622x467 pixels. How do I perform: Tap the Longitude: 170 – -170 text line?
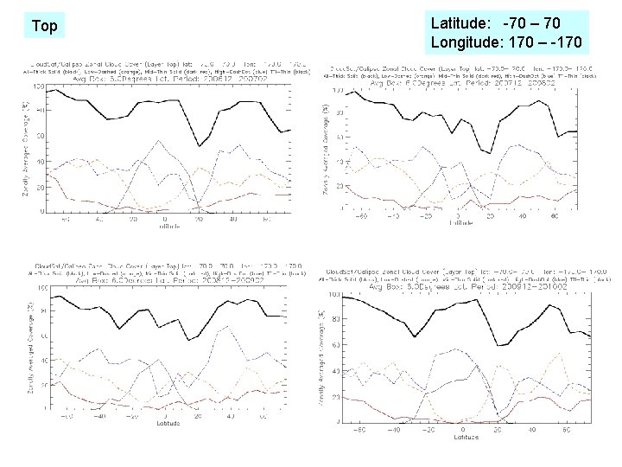click(505, 42)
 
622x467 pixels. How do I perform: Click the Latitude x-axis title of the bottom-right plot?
click(466, 437)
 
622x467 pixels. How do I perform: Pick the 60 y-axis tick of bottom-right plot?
click(335, 346)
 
